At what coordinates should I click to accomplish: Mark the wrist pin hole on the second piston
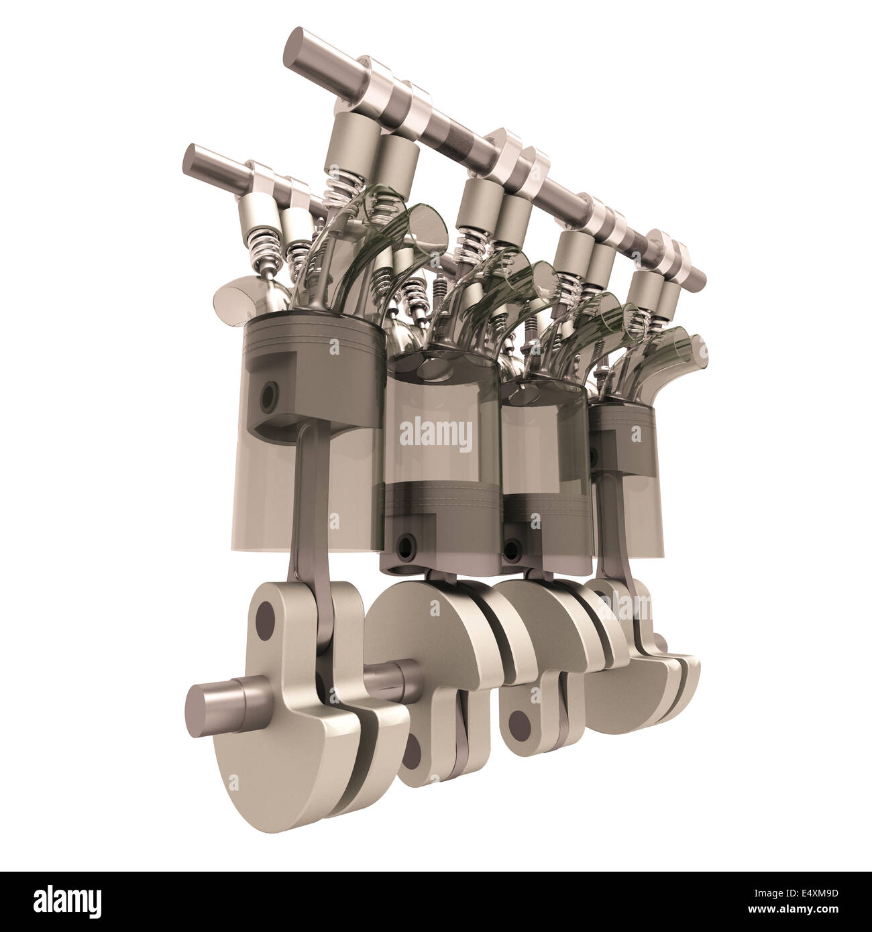[404, 541]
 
